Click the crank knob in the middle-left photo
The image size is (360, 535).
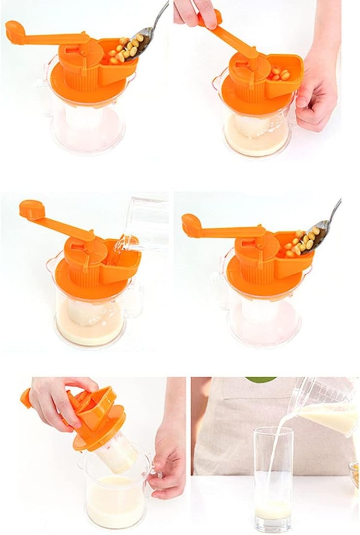(31, 209)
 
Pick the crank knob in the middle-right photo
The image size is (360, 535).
(192, 224)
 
